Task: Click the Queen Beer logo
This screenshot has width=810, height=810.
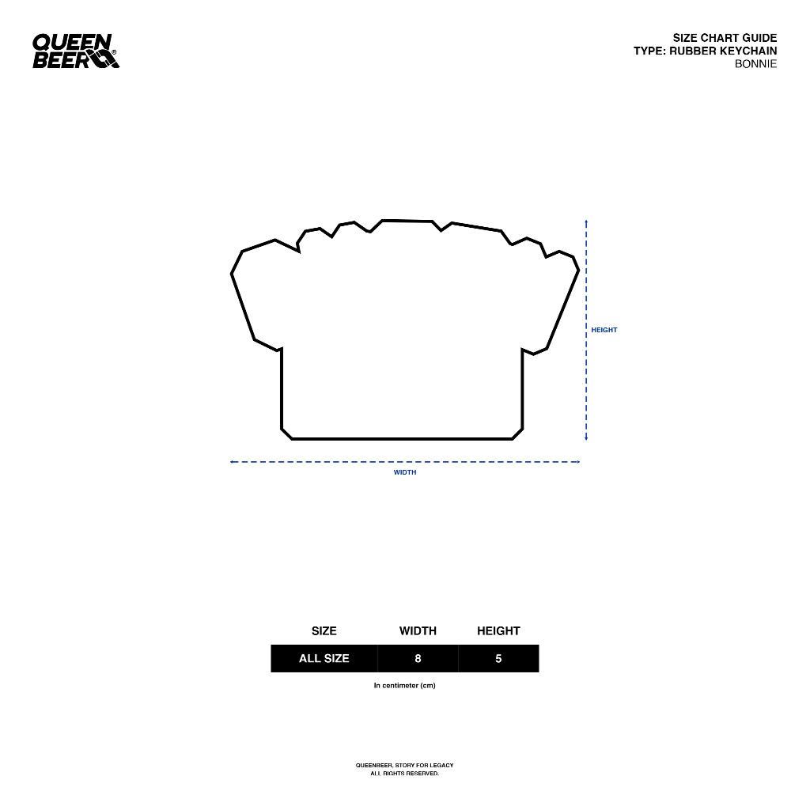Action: pyautogui.click(x=75, y=51)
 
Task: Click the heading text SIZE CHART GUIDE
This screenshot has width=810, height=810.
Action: pyautogui.click(x=725, y=38)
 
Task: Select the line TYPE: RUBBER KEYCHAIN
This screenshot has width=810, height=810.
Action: pyautogui.click(x=705, y=51)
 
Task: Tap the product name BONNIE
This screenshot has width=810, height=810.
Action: pyautogui.click(x=755, y=64)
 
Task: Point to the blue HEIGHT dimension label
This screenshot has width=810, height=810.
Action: pyautogui.click(x=604, y=330)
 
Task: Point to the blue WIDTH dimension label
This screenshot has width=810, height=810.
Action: pyautogui.click(x=405, y=472)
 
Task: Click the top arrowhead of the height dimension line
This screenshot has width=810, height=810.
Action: pyautogui.click(x=586, y=221)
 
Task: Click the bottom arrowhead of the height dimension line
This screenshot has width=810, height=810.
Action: pyautogui.click(x=586, y=438)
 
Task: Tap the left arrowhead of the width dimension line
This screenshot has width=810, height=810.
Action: pyautogui.click(x=232, y=462)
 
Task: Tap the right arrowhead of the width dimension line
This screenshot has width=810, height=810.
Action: pyautogui.click(x=578, y=462)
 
